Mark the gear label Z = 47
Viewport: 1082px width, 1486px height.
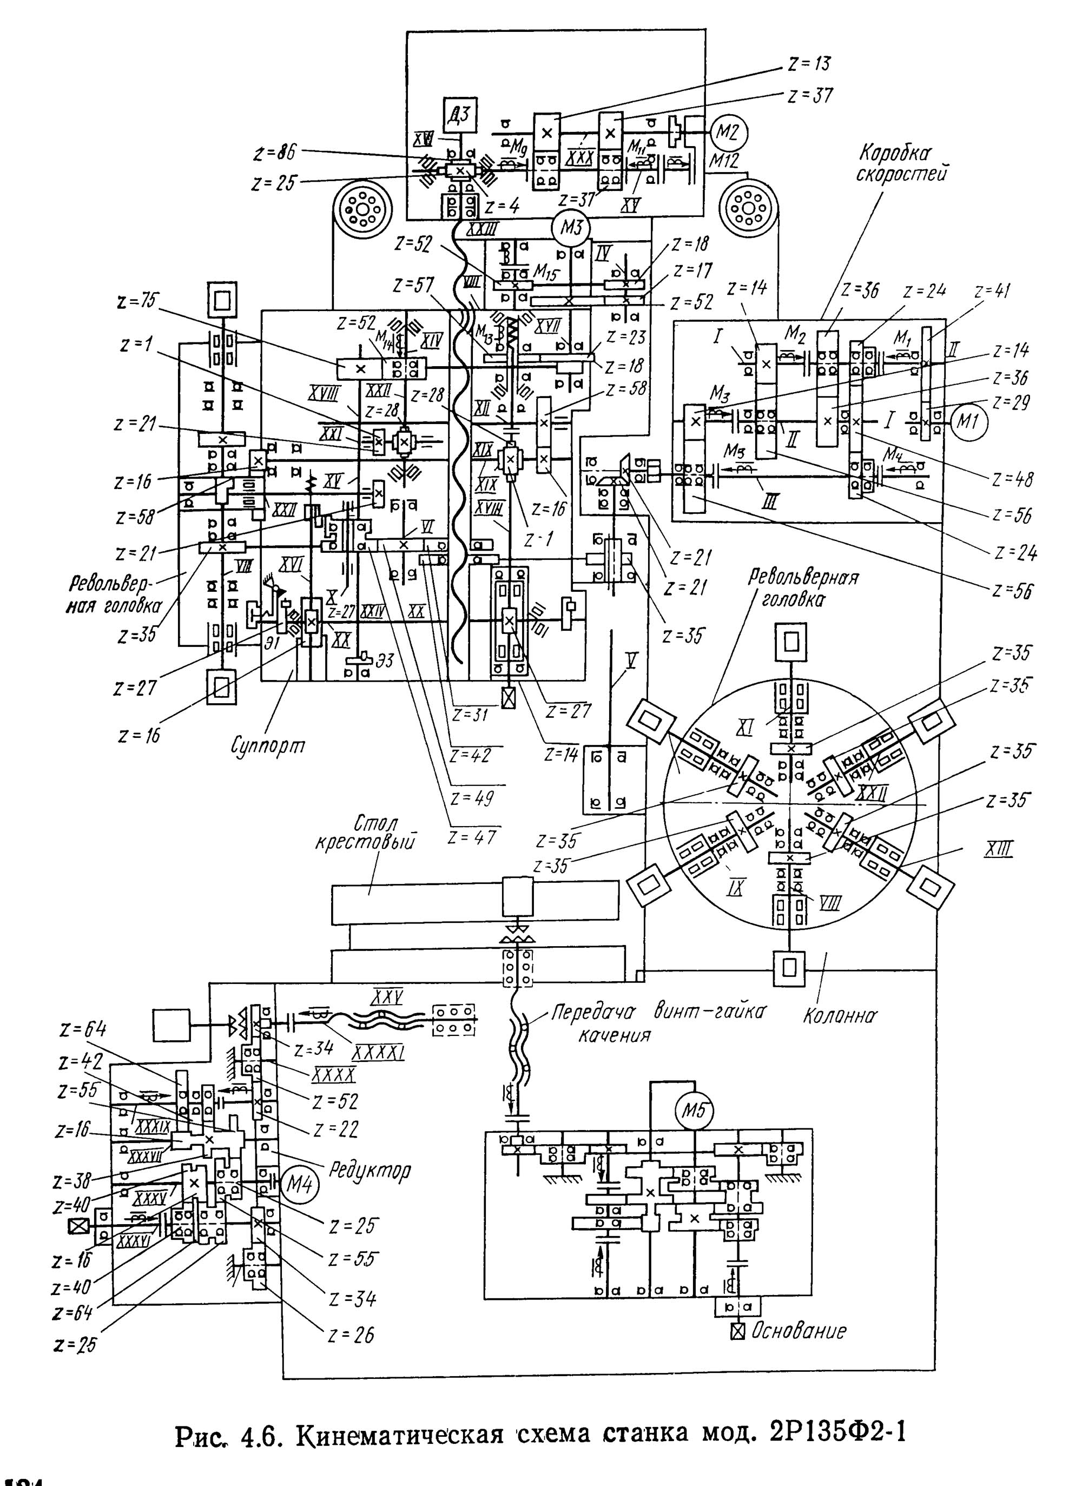pyautogui.click(x=472, y=837)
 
